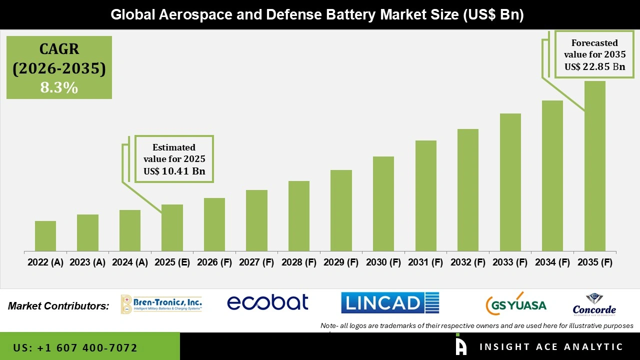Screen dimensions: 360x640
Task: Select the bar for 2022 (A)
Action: [x=45, y=236]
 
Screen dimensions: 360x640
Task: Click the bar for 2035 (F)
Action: [x=594, y=166]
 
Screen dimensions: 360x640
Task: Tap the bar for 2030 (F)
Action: [x=383, y=203]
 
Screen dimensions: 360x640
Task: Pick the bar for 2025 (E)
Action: [x=172, y=227]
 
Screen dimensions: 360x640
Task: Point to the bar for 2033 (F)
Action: [x=510, y=182]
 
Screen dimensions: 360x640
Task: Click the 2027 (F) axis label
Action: [x=256, y=262]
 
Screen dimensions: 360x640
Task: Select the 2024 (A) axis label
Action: [x=130, y=262]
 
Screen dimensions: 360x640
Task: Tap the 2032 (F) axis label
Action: [x=468, y=262]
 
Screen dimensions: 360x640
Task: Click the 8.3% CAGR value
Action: [x=59, y=88]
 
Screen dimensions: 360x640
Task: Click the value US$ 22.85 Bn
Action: [x=594, y=66]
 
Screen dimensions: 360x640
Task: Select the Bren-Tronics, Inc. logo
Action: [x=161, y=304]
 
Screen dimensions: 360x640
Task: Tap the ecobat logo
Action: [x=267, y=302]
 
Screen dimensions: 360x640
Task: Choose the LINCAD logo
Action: [x=390, y=303]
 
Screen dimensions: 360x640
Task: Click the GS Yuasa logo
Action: [x=516, y=304]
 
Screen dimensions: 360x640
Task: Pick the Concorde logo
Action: [x=594, y=304]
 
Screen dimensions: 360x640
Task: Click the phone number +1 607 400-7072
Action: [x=75, y=347]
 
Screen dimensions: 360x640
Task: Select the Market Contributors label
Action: [x=58, y=305]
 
